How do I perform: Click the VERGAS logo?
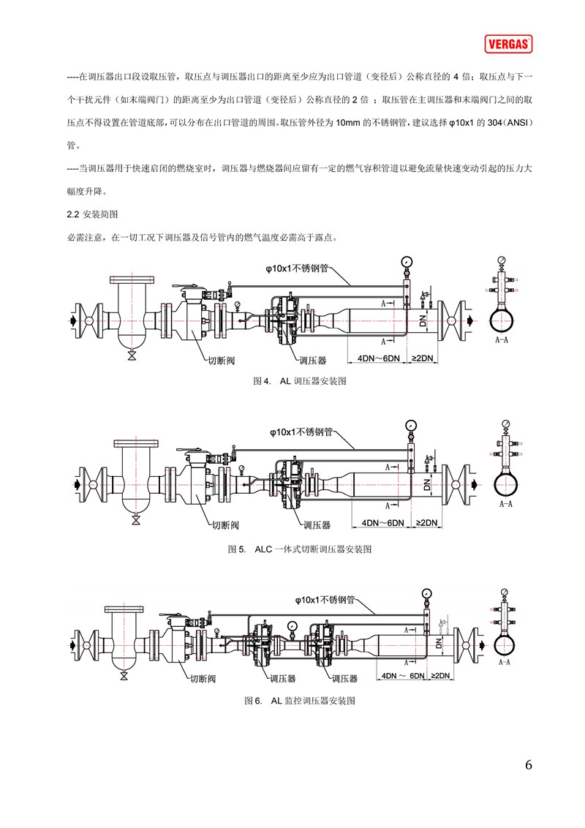tap(508, 44)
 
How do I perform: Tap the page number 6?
tap(529, 764)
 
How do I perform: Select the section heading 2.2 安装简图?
tap(92, 214)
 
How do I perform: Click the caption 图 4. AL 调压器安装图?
tap(299, 381)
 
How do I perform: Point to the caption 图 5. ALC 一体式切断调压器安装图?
tap(299, 549)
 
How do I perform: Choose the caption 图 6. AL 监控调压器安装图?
tap(299, 701)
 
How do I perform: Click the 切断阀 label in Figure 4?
tap(221, 361)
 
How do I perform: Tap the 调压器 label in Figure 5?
tap(317, 525)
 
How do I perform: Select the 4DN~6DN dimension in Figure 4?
tap(379, 358)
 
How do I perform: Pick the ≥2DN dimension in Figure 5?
tap(426, 523)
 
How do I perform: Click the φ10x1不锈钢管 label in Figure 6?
tap(325, 600)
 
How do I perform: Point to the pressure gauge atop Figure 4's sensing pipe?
tap(407, 261)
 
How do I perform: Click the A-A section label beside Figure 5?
tap(506, 504)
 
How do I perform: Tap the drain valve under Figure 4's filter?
tap(132, 356)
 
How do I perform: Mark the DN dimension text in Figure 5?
tap(427, 484)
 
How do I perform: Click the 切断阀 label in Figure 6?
tap(203, 679)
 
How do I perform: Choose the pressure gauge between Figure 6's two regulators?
tap(292, 625)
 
